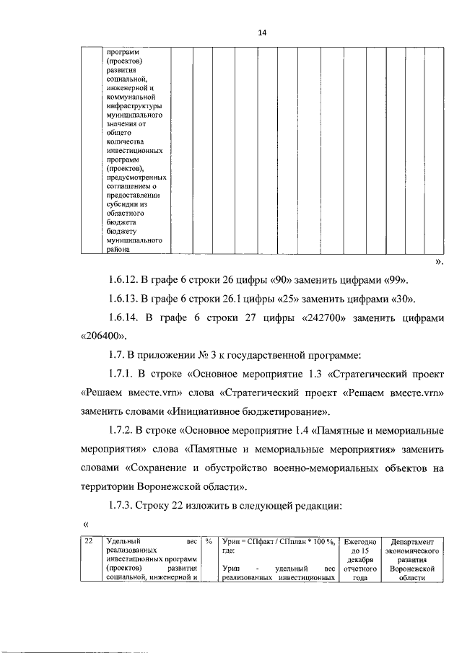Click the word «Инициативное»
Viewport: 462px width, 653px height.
click(191, 411)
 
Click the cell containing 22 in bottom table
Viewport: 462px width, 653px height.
click(88, 540)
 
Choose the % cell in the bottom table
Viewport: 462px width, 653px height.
click(207, 540)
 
